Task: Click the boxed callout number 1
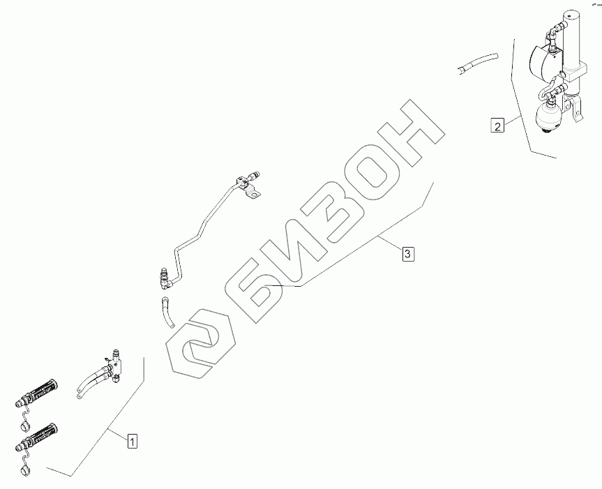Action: [x=133, y=440]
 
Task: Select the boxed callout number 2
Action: [x=497, y=126]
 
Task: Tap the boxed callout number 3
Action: [x=408, y=253]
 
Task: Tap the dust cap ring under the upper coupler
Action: [x=26, y=424]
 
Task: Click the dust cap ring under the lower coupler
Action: [x=26, y=469]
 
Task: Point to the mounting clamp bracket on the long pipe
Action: [x=248, y=186]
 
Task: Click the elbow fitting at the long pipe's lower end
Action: [x=165, y=278]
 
